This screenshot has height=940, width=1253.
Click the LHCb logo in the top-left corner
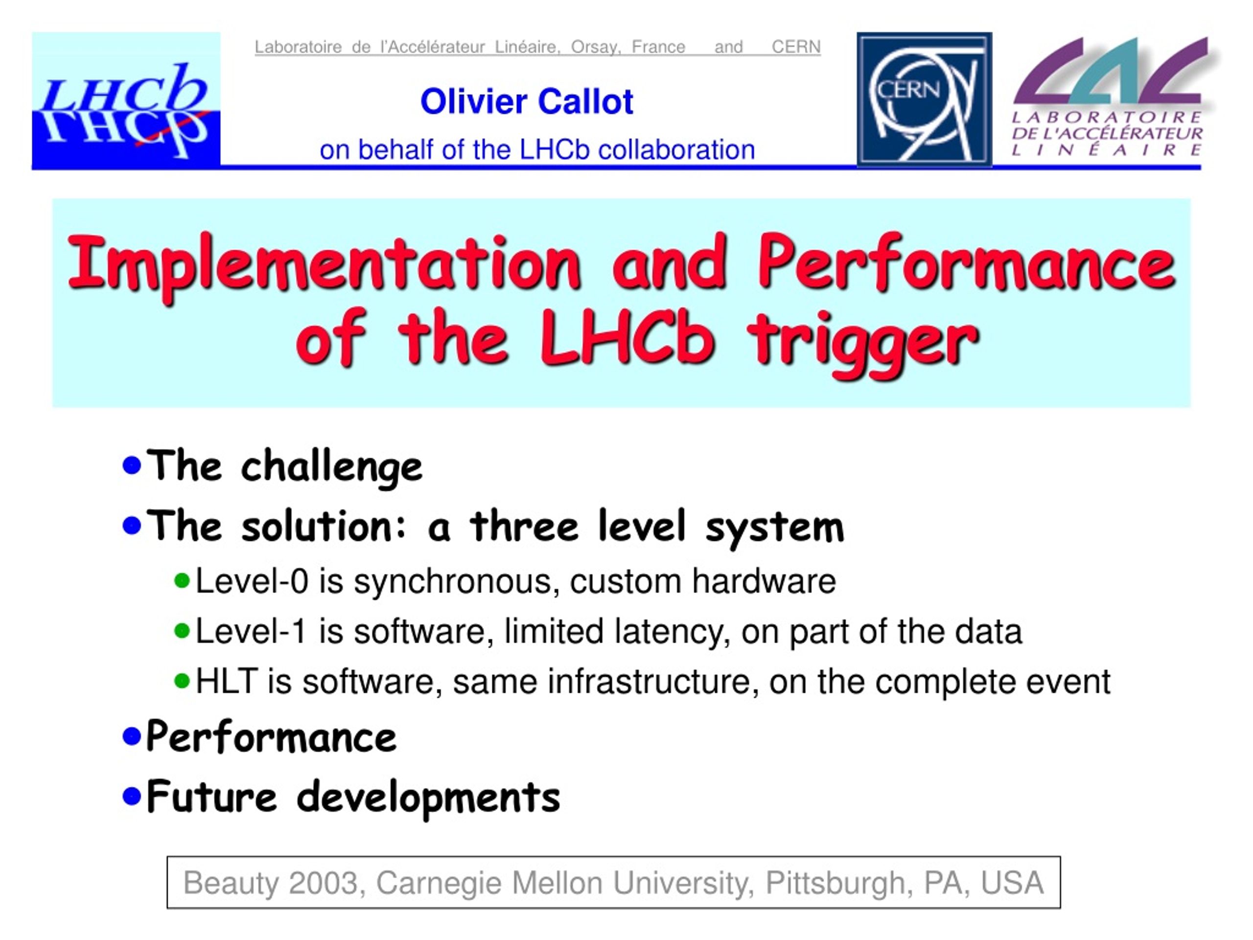pos(126,100)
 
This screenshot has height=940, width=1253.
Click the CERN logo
pos(924,99)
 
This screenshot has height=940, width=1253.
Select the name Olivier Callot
pos(526,102)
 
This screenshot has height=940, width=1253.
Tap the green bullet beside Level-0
pos(182,581)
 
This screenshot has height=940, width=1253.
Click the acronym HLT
pos(227,681)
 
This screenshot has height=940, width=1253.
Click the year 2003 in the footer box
pos(324,883)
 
